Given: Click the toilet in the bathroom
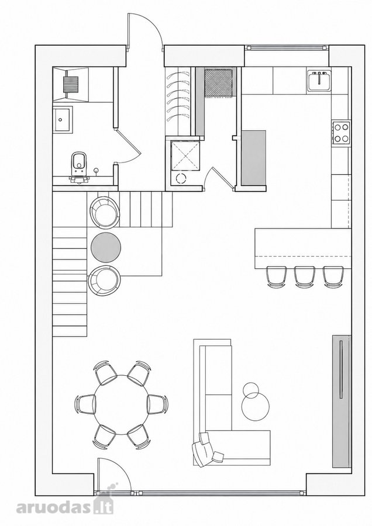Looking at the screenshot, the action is coord(78,166).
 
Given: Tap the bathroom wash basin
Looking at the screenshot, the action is coord(63,119).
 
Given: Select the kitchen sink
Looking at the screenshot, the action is coord(319,81).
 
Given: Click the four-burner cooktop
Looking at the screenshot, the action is coord(341,133).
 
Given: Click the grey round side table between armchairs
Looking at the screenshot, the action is coord(106,247).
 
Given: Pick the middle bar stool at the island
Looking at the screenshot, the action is coord(305,277).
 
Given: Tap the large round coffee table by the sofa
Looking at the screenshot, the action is coord(255,406).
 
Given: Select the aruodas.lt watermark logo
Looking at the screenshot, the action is coord(65,507).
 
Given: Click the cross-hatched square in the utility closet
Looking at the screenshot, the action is coord(218,82).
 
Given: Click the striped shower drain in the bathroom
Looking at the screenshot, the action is coord(71,82).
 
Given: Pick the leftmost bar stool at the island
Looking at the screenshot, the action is coord(277,277).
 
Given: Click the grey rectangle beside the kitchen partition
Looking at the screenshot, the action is coord(254,157).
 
